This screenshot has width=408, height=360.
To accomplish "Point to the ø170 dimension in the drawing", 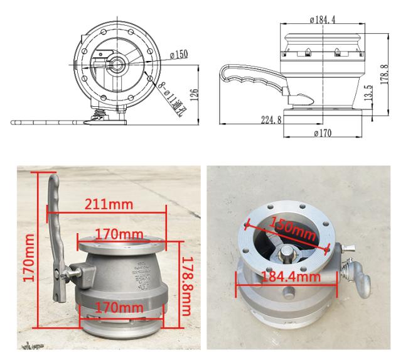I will tap(321, 133).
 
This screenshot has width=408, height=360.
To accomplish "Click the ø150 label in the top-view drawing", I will tap(178, 55).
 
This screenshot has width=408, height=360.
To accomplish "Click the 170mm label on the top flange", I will tap(119, 234).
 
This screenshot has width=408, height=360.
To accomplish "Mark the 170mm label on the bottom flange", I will tap(120, 307).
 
